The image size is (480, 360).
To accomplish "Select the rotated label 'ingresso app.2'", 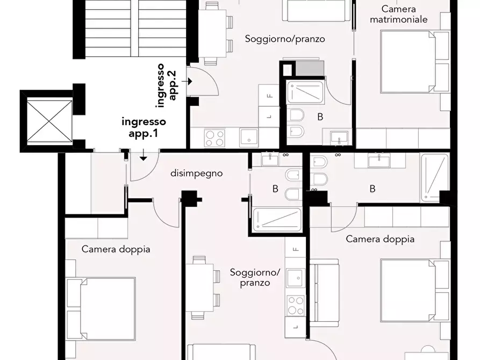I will coord(167,82).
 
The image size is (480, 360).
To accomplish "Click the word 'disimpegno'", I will coord(196,174).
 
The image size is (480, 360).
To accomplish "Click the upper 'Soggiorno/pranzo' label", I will coord(285,39).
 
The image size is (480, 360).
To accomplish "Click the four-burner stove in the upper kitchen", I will coord(215,137).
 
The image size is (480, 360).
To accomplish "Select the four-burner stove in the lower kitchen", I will coord(295,306).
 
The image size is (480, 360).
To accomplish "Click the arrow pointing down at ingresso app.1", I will coord(144,156).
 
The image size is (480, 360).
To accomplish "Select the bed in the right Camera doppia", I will coord(407,291).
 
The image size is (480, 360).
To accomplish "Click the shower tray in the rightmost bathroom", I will coord(434,177).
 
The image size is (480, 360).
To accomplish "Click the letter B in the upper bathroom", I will coord(320,117).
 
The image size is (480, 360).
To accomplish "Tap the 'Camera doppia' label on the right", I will coord(380,239).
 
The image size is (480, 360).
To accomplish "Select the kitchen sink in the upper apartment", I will coord(249,137).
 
